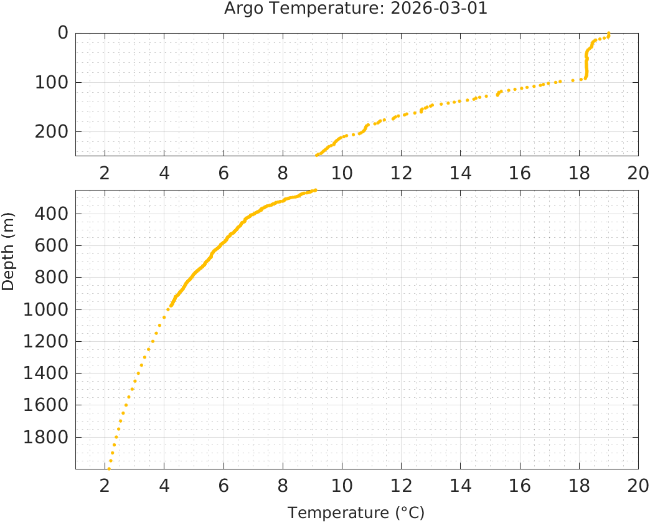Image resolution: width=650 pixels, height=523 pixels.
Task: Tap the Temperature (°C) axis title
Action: (356, 513)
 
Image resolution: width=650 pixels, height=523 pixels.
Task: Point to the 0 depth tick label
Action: (62, 33)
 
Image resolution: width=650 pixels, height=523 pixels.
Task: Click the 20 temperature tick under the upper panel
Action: (638, 172)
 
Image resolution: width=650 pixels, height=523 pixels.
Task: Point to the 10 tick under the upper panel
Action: (342, 172)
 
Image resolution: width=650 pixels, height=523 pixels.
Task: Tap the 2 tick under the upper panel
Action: (105, 172)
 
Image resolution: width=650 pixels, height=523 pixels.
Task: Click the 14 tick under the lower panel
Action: (460, 486)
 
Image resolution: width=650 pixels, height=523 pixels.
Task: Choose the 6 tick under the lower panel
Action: (223, 486)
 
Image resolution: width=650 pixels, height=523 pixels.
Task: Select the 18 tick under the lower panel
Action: (579, 486)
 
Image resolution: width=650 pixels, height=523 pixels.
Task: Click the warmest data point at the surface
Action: (608, 34)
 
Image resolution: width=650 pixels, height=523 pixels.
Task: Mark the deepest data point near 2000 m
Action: (108, 469)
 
